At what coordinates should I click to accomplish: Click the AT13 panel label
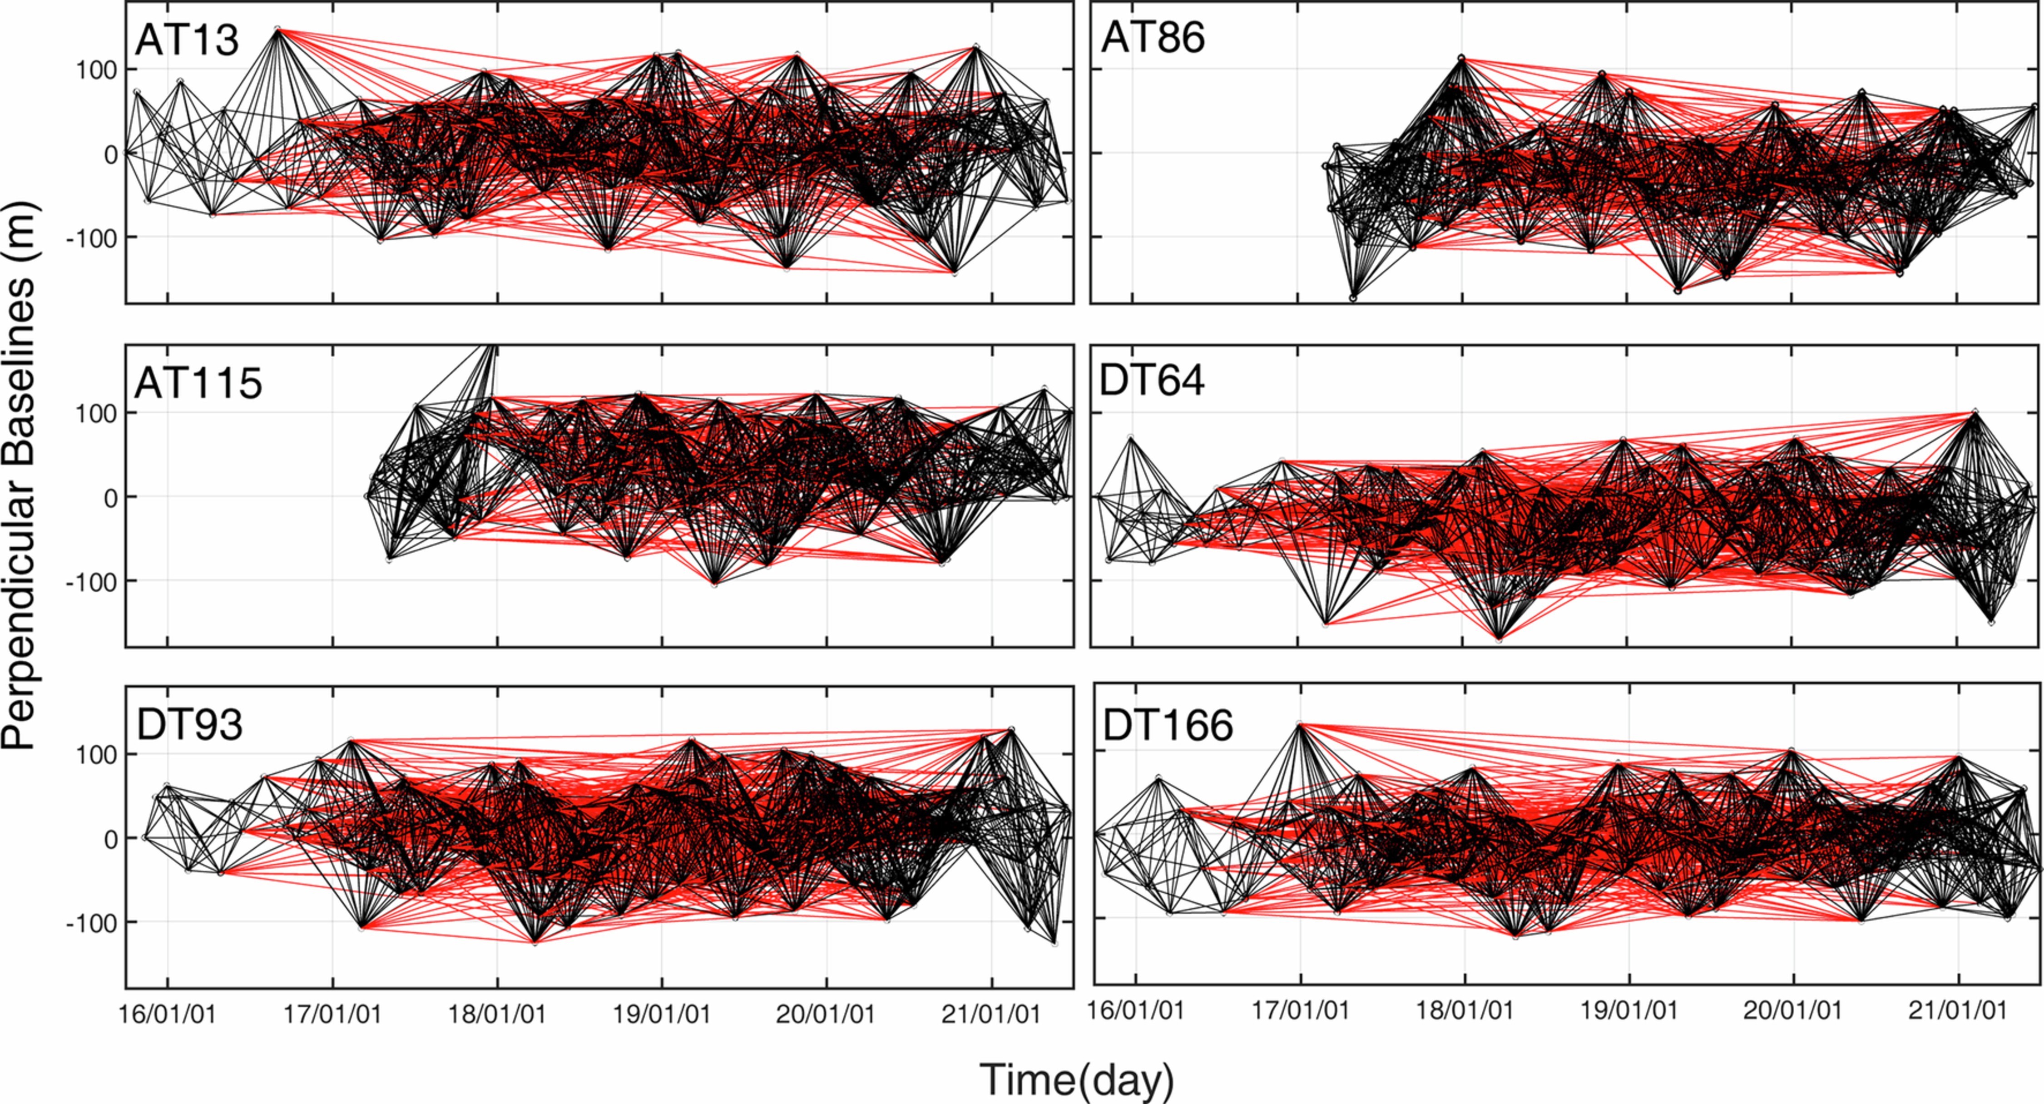[187, 39]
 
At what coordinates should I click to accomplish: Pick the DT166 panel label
[1168, 725]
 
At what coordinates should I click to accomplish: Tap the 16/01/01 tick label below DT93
[168, 1015]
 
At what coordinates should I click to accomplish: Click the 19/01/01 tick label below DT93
[662, 1015]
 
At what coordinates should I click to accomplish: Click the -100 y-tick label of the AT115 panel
[90, 582]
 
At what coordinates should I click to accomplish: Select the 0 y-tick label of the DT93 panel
[110, 839]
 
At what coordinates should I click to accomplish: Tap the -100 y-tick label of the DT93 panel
[90, 923]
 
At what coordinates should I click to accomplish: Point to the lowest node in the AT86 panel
[1353, 297]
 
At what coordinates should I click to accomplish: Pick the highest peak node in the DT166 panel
[1299, 724]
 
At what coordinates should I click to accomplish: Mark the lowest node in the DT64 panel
[1499, 639]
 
